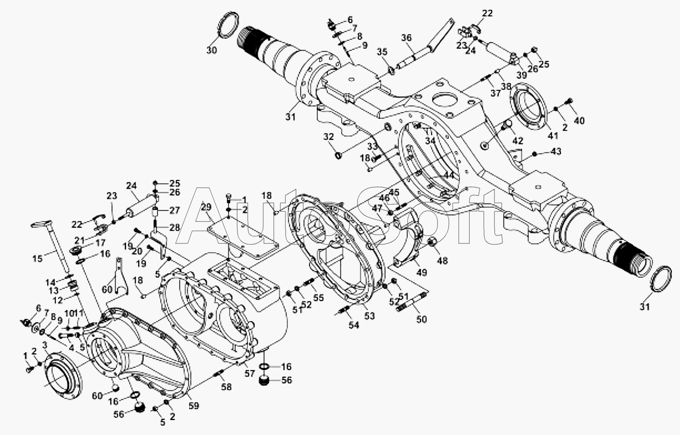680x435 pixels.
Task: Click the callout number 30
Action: point(212,50)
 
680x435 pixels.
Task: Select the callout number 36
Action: point(407,38)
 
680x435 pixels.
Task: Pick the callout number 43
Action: point(556,151)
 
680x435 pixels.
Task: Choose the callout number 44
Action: point(449,175)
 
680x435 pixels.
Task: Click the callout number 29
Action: point(206,207)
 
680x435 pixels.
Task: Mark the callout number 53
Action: point(370,316)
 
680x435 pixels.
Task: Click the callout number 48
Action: point(442,261)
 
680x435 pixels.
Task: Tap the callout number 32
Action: point(328,137)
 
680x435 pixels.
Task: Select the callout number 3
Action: point(44,344)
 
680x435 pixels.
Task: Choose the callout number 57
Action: point(249,373)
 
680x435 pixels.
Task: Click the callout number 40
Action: point(579,121)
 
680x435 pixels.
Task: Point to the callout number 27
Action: point(174,210)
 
